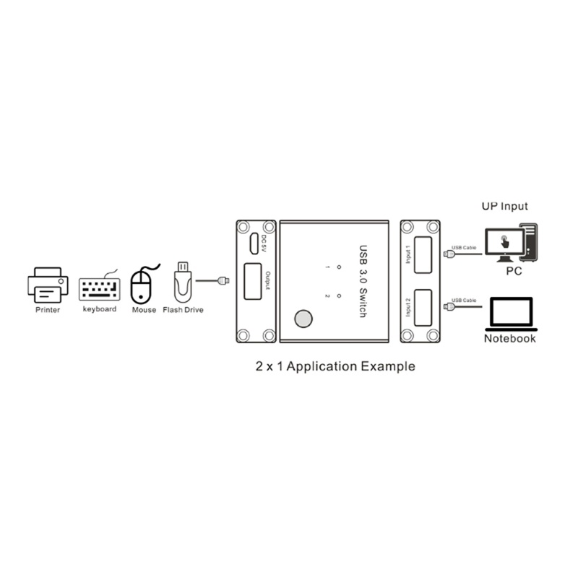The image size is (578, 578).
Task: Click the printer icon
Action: pyautogui.click(x=47, y=285)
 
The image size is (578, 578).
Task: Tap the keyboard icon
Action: pyautogui.click(x=99, y=288)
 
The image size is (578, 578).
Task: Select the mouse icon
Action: pyautogui.click(x=142, y=287)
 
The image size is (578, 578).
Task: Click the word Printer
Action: pyautogui.click(x=48, y=310)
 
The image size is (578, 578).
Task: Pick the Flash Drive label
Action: pyautogui.click(x=184, y=310)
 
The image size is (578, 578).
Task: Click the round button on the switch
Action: pyautogui.click(x=303, y=319)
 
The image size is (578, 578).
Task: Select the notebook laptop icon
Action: pyautogui.click(x=510, y=311)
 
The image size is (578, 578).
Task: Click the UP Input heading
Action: pyautogui.click(x=504, y=206)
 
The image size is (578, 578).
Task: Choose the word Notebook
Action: pyautogui.click(x=510, y=338)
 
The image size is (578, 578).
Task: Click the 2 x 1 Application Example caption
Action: pyautogui.click(x=336, y=366)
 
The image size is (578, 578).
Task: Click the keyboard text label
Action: pyautogui.click(x=100, y=309)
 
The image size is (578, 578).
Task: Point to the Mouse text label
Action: pyautogui.click(x=144, y=310)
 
